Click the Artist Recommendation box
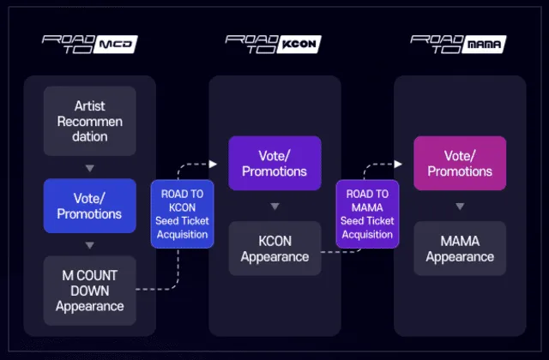[x=90, y=121]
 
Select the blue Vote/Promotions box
[x=90, y=206]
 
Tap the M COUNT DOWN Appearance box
[x=90, y=291]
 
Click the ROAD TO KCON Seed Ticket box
[x=181, y=214]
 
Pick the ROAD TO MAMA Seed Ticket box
[x=366, y=214]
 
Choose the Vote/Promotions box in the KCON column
[x=274, y=163]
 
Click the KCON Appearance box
[x=274, y=249]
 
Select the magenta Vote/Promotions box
[x=460, y=163]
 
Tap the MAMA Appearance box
[x=460, y=249]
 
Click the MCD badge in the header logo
[x=117, y=45]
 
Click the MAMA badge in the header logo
[x=485, y=45]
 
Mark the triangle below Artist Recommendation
[x=90, y=167]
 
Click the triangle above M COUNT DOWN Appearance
[x=90, y=245]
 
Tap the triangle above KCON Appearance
[x=274, y=207]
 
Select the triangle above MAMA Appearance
[x=460, y=207]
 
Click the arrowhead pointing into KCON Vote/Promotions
[x=218, y=163]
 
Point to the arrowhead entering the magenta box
[x=403, y=163]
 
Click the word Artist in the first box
[x=90, y=106]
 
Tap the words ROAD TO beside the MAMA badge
[x=434, y=44]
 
